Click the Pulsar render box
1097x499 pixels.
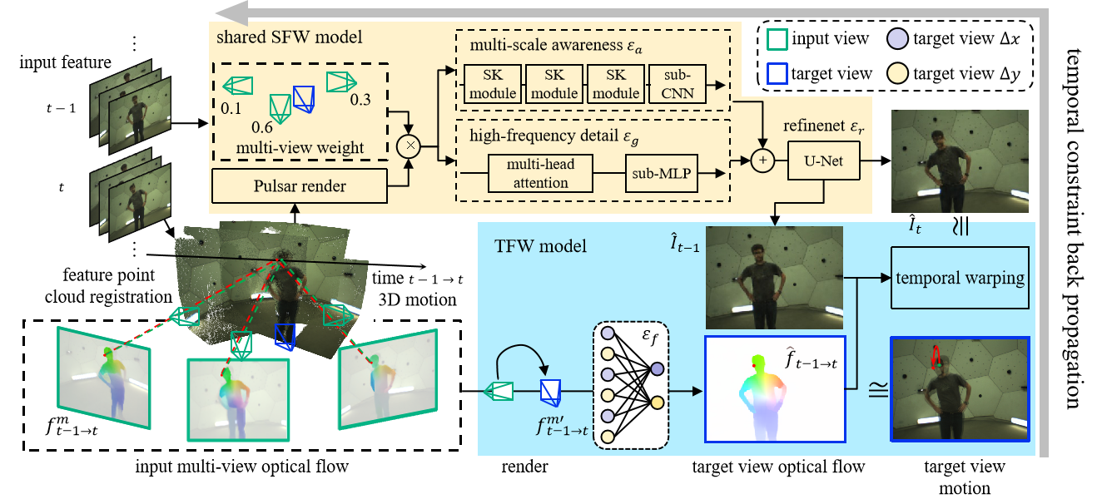(300, 185)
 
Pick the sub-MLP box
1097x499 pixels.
(663, 173)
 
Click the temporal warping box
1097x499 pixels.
(960, 278)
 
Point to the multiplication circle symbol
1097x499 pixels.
(409, 146)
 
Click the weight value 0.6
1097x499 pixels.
(262, 128)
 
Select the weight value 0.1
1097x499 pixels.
(231, 108)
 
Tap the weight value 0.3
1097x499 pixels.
(360, 100)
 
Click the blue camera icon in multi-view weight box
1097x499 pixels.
(305, 98)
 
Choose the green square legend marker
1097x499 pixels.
(777, 39)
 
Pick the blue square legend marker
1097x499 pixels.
(777, 73)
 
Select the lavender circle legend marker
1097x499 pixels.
(897, 38)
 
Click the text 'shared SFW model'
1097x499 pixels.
(289, 37)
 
